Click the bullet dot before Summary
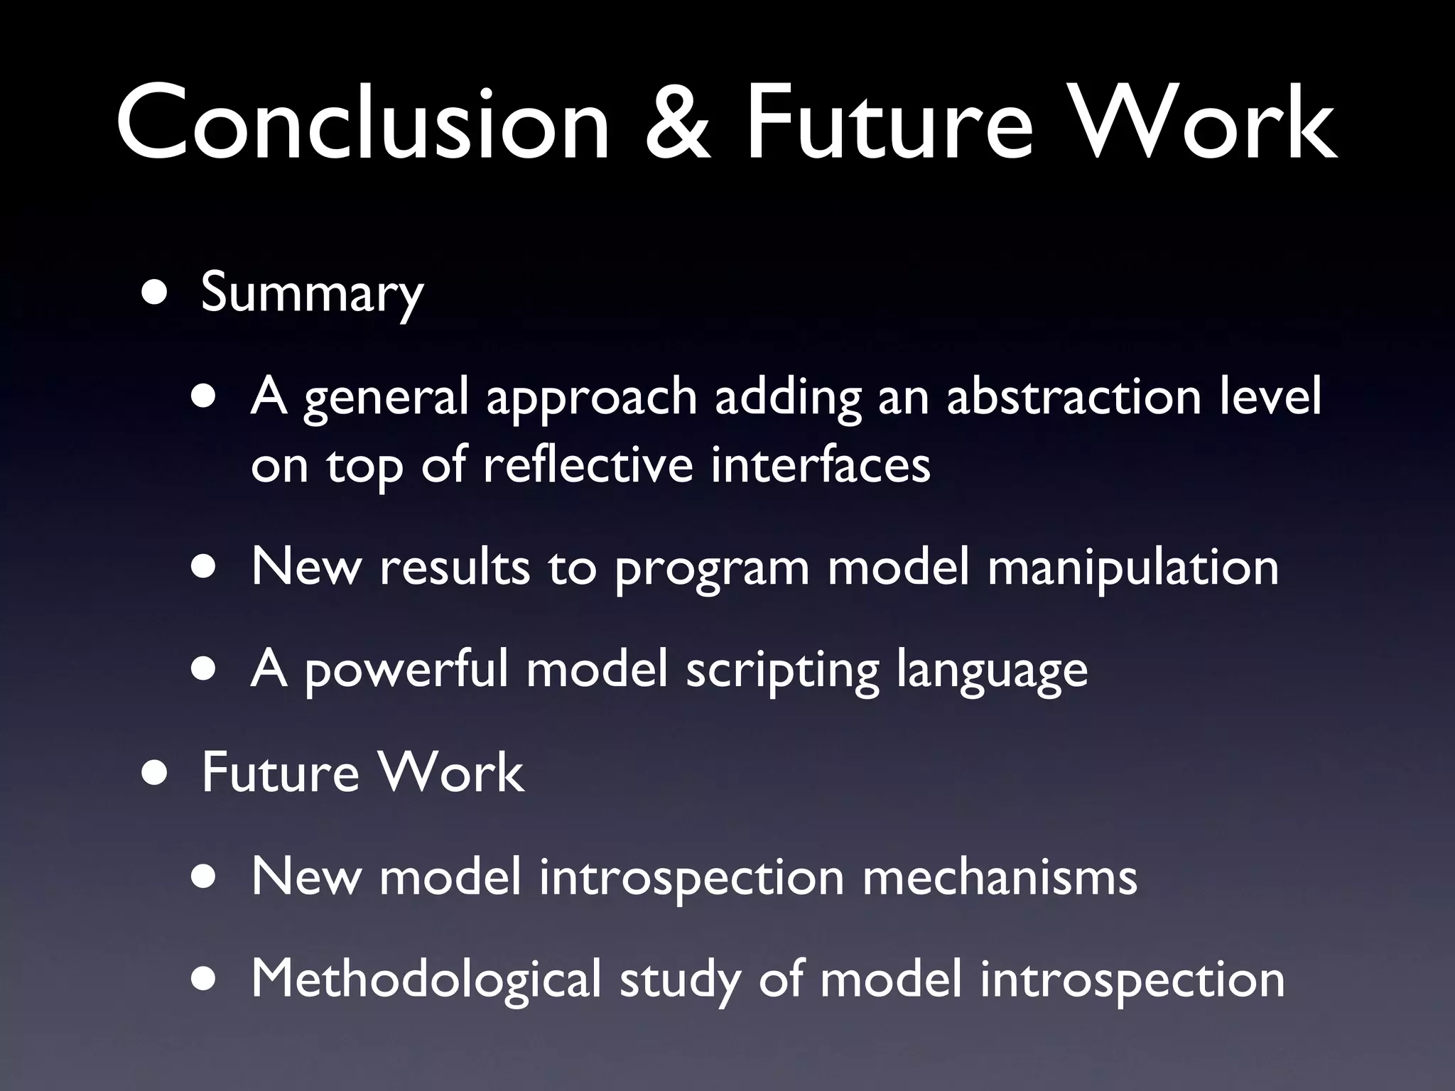pyautogui.click(x=155, y=293)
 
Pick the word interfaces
pyautogui.click(x=820, y=465)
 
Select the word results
pyautogui.click(x=455, y=568)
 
